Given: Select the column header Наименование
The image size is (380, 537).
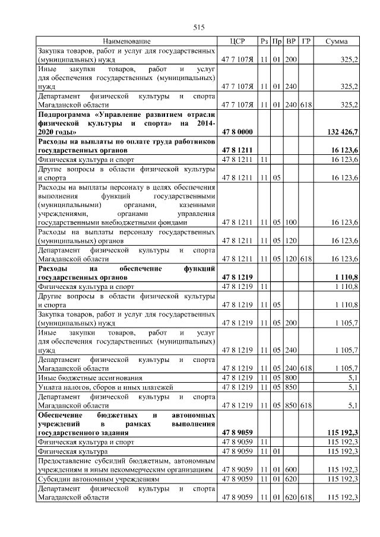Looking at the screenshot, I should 126,42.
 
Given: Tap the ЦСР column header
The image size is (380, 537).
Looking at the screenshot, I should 237,42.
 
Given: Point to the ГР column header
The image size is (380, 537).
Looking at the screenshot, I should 307,42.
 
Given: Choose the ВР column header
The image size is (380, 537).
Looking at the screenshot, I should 292,42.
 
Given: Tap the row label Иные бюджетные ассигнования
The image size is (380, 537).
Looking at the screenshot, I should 81,377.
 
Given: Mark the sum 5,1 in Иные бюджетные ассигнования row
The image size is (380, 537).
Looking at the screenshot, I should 352,377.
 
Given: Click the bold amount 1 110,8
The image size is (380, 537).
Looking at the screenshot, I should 346,277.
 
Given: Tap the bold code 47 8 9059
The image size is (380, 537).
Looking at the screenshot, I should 237,433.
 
